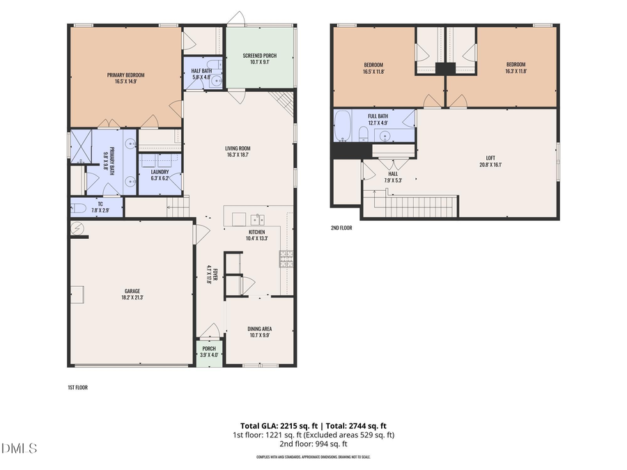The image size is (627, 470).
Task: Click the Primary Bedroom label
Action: [x=126, y=75]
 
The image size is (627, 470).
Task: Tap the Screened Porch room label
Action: [x=259, y=56]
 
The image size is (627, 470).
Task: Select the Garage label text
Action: [x=132, y=291]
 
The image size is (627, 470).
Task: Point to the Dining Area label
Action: [x=259, y=329]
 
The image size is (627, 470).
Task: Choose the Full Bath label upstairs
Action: [x=378, y=116]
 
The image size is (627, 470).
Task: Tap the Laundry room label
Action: [x=160, y=171]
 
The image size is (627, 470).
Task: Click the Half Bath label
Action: [x=202, y=71]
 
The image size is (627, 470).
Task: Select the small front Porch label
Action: [x=209, y=348]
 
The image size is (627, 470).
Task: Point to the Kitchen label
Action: [x=257, y=232]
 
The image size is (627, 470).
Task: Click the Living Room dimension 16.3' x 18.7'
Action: [x=238, y=155]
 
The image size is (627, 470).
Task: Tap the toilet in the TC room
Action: [x=79, y=207]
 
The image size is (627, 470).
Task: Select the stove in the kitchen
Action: [x=286, y=259]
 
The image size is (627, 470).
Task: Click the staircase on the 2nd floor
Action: [x=415, y=206]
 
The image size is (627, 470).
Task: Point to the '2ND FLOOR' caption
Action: [x=341, y=228]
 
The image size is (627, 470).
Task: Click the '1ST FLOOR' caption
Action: [x=77, y=387]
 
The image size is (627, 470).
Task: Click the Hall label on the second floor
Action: [x=392, y=175]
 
